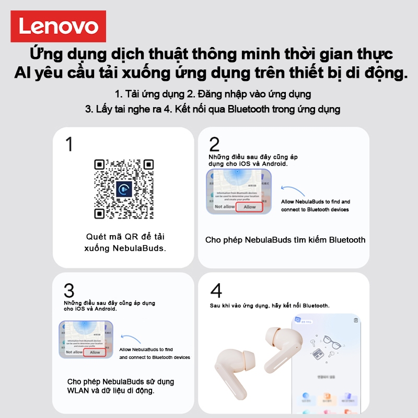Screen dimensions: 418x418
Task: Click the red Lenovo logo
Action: click(x=59, y=27)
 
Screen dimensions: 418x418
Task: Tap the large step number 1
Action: click(x=69, y=144)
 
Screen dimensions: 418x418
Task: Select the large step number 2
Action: click(x=214, y=144)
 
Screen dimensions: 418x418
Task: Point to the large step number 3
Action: click(x=69, y=291)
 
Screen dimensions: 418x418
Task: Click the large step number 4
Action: click(x=216, y=291)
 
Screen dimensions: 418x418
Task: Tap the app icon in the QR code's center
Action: click(x=124, y=189)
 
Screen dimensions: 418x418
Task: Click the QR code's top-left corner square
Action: click(x=101, y=166)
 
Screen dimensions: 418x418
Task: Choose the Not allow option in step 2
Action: click(x=225, y=207)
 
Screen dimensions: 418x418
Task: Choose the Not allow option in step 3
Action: click(x=74, y=352)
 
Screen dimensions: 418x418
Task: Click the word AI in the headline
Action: click(x=24, y=73)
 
